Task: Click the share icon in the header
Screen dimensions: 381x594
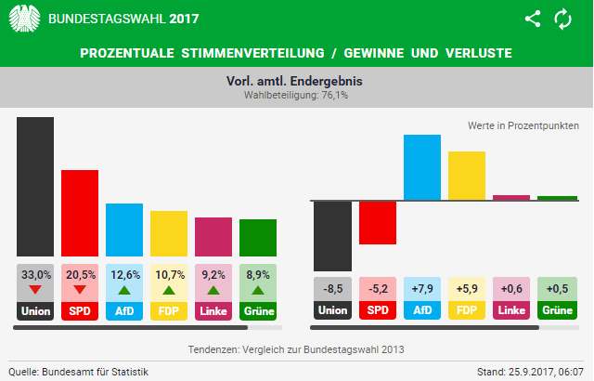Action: (x=533, y=19)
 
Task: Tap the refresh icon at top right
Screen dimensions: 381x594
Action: (x=562, y=19)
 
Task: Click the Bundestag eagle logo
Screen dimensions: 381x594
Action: (x=25, y=19)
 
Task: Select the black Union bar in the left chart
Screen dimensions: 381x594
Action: (x=35, y=186)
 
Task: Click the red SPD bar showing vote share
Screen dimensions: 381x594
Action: (x=80, y=213)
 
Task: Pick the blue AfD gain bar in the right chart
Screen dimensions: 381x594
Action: (x=422, y=167)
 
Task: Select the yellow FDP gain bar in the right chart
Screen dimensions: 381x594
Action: (x=467, y=176)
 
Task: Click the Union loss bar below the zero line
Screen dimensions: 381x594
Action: (x=333, y=235)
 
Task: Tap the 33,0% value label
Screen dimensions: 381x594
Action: (x=35, y=275)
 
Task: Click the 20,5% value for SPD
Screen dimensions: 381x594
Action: (x=80, y=275)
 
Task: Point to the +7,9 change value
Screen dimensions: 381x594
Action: (x=422, y=288)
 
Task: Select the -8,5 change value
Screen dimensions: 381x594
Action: (x=333, y=288)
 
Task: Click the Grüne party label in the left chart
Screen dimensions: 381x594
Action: (x=258, y=310)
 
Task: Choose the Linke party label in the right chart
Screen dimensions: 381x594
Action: (x=511, y=310)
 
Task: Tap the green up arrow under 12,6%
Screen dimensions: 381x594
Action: (x=124, y=290)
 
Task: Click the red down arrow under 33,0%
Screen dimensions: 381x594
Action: (x=35, y=290)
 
